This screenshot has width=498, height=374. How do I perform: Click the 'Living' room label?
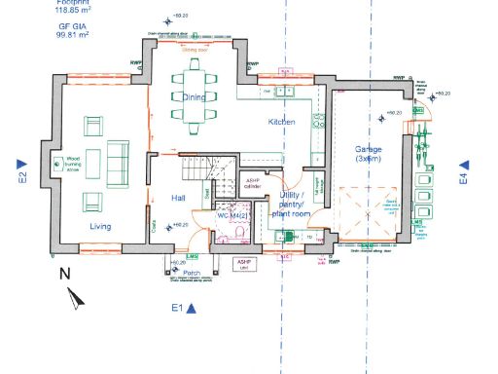coord(99,227)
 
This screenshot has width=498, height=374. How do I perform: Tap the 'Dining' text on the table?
coord(194,97)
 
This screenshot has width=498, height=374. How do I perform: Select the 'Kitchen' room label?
coord(282,122)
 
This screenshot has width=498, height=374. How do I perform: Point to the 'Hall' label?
coord(178,198)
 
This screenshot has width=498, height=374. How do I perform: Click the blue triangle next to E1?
coord(193,309)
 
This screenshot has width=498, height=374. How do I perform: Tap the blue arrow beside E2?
coord(19,163)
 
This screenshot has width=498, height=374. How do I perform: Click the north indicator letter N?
coord(65,274)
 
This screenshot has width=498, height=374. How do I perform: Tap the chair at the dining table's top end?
coord(194,65)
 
